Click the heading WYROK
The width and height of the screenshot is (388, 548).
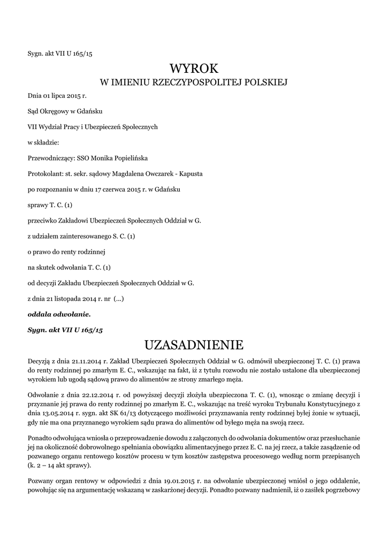point(194,68)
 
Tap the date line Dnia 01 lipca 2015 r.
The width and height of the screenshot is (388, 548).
point(57,96)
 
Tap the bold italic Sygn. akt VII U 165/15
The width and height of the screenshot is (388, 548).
point(65,330)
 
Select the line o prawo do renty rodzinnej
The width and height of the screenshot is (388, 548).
point(66,252)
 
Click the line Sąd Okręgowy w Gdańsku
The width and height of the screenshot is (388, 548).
point(65,111)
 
